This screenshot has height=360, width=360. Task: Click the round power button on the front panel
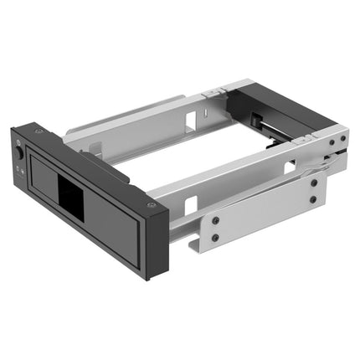19,155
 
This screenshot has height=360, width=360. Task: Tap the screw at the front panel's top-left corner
36,131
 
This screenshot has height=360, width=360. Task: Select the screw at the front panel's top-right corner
151,205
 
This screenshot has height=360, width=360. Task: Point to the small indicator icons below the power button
21,170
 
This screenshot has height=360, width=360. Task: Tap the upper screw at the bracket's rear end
312,182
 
